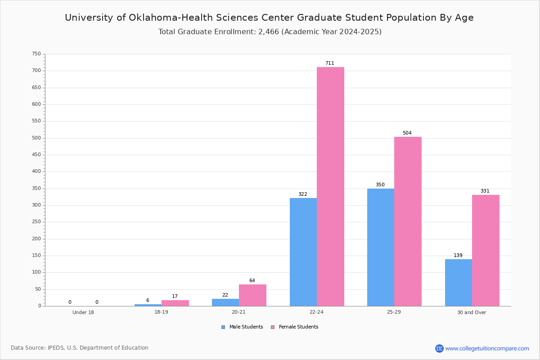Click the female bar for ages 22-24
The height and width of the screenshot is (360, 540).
point(330,187)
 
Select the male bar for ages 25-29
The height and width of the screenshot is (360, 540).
point(381,247)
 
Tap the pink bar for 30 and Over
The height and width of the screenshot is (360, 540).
point(486,251)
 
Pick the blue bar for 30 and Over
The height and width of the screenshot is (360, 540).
point(459,283)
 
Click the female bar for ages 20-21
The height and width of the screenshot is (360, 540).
point(252,295)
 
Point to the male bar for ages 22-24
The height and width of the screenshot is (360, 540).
point(303,252)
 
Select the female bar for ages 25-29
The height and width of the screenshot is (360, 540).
point(408,221)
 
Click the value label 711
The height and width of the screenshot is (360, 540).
point(330,63)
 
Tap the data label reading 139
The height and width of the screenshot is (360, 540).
point(458,255)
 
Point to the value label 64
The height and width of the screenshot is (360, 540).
point(252,280)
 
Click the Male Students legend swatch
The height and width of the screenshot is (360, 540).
point(223,327)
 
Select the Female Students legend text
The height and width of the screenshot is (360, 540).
point(298,327)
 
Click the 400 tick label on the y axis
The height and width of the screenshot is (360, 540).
point(36,171)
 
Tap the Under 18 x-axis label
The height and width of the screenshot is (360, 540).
point(83,312)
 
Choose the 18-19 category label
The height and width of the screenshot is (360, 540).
point(161,312)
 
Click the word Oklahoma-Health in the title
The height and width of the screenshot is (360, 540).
point(171,18)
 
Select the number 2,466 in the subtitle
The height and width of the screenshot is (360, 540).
point(269,32)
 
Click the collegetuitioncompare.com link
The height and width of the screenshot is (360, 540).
point(487,348)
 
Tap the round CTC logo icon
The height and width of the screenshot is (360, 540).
point(439,348)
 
